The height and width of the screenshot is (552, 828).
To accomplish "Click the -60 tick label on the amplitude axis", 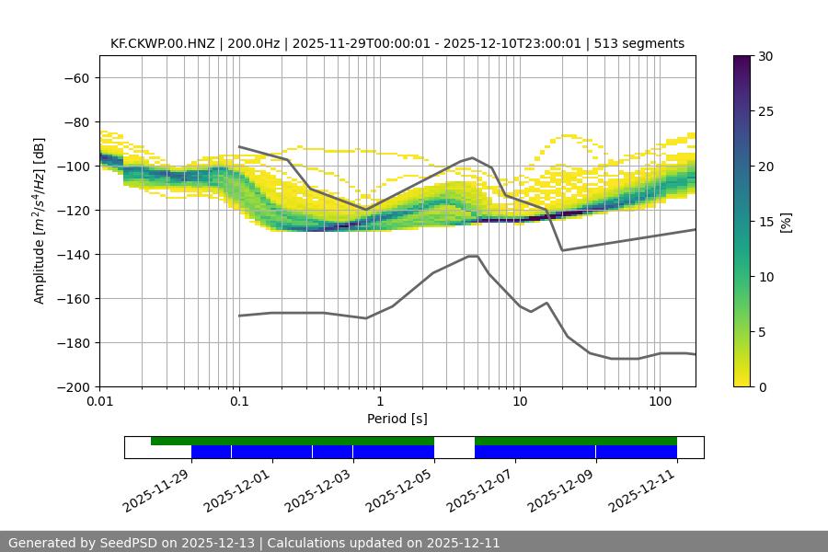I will (x=75, y=78).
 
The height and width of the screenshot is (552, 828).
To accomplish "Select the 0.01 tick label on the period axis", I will (x=99, y=402).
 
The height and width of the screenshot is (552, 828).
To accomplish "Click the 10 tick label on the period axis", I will (x=519, y=402).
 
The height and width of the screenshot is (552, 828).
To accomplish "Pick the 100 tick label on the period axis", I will (x=659, y=402).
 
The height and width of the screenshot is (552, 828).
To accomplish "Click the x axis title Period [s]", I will (x=397, y=419).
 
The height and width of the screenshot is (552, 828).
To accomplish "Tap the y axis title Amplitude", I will (x=40, y=222).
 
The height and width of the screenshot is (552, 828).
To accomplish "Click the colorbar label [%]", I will (x=786, y=222).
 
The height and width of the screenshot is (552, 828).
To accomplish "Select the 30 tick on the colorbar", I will (x=765, y=56).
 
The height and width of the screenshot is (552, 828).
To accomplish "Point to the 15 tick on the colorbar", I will (x=765, y=222).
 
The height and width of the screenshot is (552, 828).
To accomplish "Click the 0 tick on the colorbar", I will (x=762, y=387).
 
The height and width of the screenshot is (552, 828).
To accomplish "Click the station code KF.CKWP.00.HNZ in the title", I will (x=162, y=43).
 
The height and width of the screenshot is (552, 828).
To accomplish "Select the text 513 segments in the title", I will (x=639, y=43).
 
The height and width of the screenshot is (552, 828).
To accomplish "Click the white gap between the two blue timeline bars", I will (x=454, y=452).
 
